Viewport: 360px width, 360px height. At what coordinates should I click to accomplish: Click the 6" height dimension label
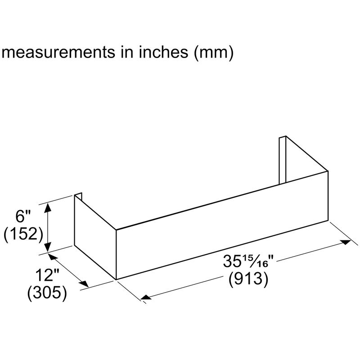click(22, 216)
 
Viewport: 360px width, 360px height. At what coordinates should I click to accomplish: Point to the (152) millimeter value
click(22, 234)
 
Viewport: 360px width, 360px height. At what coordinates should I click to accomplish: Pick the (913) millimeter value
click(248, 279)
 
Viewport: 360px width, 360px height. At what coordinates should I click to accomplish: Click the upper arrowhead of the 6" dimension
click(48, 207)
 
